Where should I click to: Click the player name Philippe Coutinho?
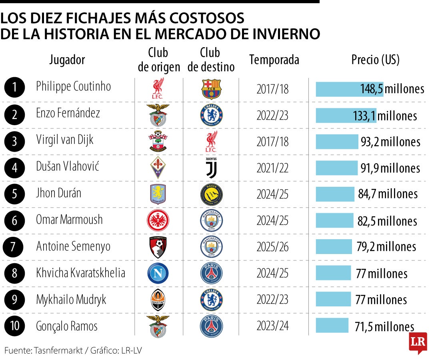(x=73, y=86)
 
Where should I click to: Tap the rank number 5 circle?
(x=15, y=194)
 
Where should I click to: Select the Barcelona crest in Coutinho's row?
(x=211, y=89)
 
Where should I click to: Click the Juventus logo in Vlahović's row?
(x=211, y=168)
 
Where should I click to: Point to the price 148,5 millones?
(x=391, y=89)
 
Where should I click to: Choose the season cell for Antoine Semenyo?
(x=272, y=247)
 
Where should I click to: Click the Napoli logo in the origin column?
(x=158, y=274)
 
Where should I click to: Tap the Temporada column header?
(x=274, y=60)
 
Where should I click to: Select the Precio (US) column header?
(x=375, y=60)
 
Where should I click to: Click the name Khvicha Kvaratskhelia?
(x=80, y=273)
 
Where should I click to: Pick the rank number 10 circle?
(x=15, y=326)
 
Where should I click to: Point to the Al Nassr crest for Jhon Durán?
(x=211, y=195)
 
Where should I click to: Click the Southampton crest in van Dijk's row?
(x=158, y=142)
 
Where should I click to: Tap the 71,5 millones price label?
(x=384, y=326)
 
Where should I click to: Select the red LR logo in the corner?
(x=418, y=342)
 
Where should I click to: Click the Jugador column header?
(x=67, y=60)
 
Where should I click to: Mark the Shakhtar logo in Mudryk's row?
(x=158, y=300)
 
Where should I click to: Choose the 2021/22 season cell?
(x=272, y=168)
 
